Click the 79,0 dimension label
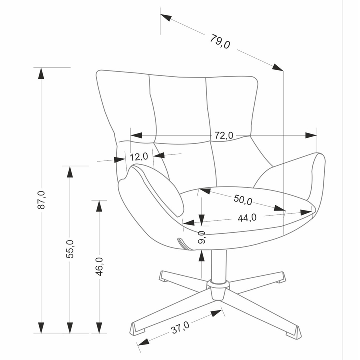(x=220, y=41)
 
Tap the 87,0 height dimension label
(x=41, y=200)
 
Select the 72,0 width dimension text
(x=224, y=135)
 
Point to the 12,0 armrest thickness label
(x=139, y=157)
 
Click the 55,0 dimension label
(x=70, y=249)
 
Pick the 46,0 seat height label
(x=99, y=266)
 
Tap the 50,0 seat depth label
(x=243, y=199)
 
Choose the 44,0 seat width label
(x=247, y=218)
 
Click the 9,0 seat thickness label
(x=202, y=237)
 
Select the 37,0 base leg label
(x=180, y=327)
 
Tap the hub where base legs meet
(x=218, y=290)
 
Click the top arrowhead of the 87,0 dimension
(x=41, y=73)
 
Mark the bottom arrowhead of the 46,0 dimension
(x=99, y=328)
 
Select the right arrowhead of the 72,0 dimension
(x=311, y=135)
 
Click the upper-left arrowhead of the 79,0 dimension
(x=166, y=17)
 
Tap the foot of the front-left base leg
(x=137, y=329)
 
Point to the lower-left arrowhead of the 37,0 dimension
(x=143, y=342)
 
